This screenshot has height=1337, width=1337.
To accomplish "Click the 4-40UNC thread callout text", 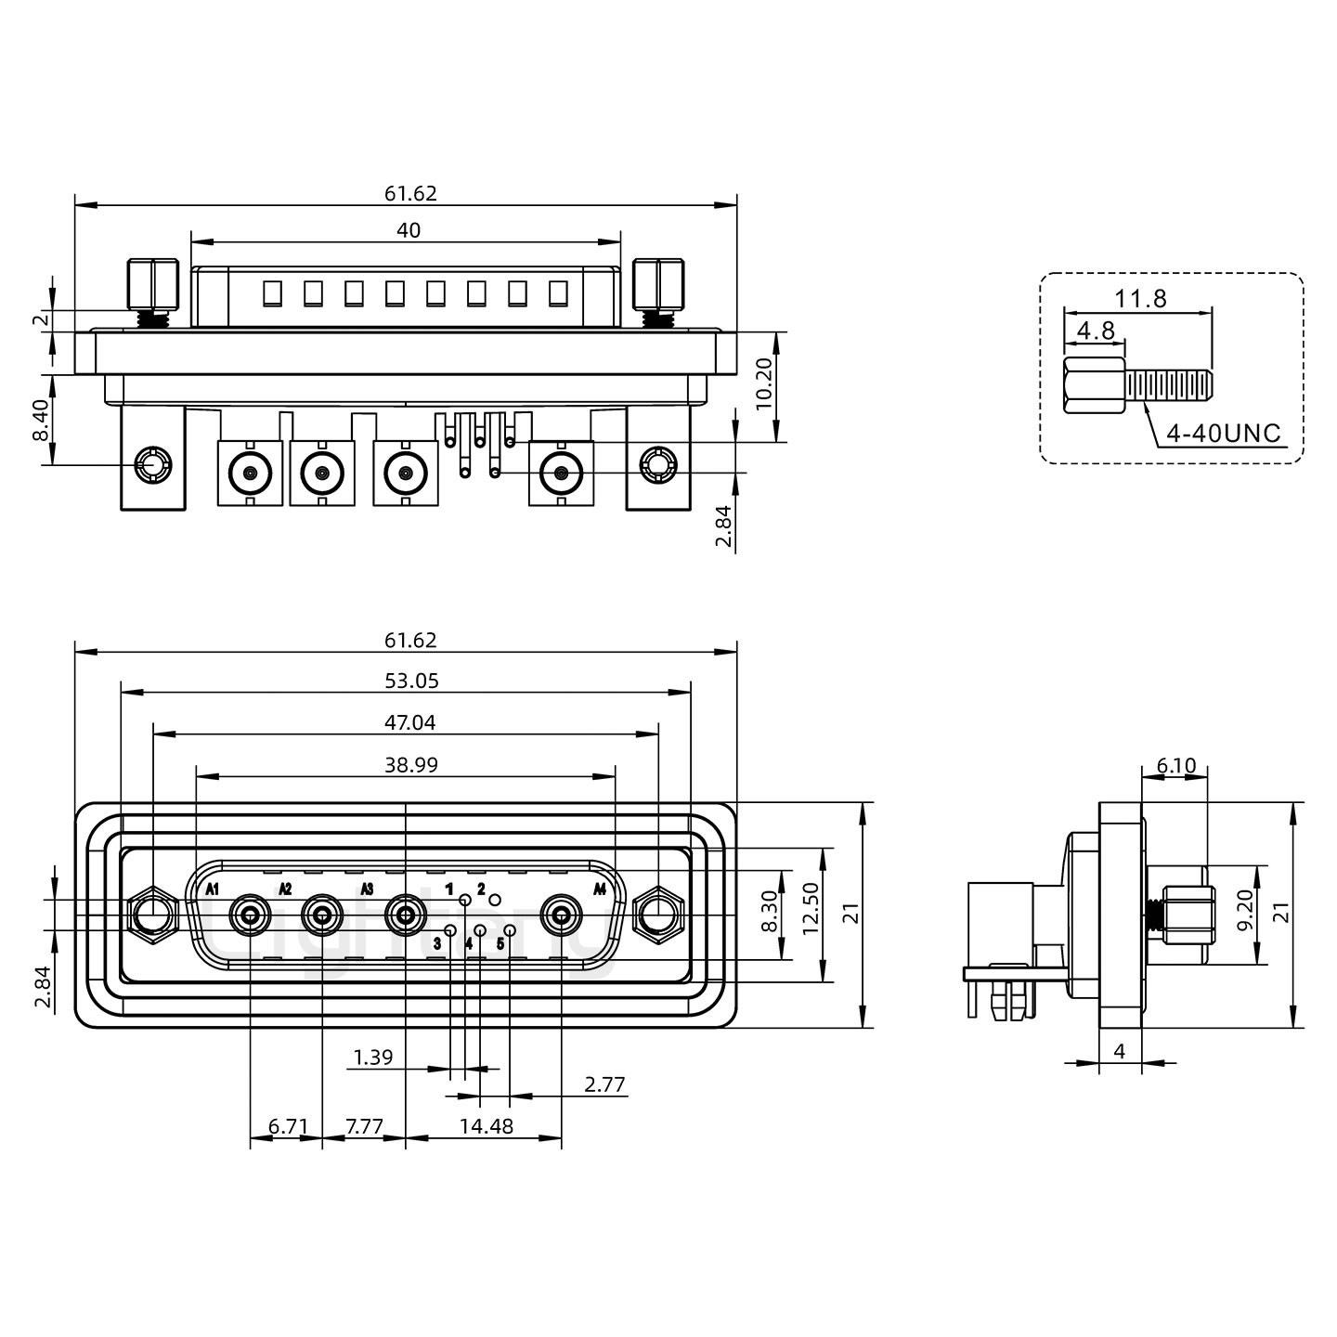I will pos(1223,433).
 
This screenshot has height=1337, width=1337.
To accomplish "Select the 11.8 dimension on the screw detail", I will pos(1140,299).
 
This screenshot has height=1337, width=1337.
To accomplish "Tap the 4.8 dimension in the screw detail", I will pos(1095,331).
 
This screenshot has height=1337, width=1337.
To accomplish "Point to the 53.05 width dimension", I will pos(411,681).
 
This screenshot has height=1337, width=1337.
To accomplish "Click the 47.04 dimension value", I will pos(409,722).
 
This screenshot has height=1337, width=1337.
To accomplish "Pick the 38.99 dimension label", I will pos(410,765).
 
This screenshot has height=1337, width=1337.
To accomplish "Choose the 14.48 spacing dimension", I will pos(486,1126).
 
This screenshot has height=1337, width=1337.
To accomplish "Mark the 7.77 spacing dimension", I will pos(364,1126).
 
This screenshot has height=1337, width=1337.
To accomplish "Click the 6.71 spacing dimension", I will pos(288,1126).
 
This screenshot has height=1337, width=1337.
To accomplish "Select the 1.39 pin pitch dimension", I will pos(373,1058).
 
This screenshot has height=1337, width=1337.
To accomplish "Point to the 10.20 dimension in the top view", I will pos(764,387).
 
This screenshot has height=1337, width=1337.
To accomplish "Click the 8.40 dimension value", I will pos(41,420).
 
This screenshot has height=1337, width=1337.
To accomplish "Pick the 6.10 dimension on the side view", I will pos(1175,765).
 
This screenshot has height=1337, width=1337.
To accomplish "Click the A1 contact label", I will pos(213,889).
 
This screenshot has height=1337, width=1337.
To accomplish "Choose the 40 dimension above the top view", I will pos(409,230).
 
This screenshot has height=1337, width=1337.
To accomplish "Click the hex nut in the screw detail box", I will pos(1095,386).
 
